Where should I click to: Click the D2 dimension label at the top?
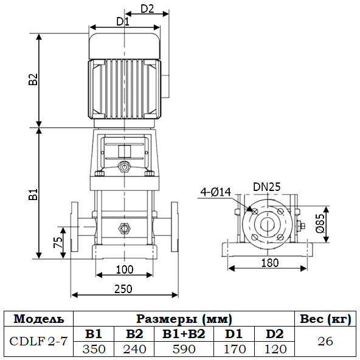pyautogui.click(x=147, y=9)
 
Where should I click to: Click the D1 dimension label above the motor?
pyautogui.click(x=123, y=22)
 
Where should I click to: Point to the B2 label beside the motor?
pyautogui.click(x=33, y=80)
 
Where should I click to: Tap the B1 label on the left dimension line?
pyautogui.click(x=33, y=194)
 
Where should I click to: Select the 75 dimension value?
pyautogui.click(x=58, y=242)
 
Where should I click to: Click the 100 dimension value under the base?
pyautogui.click(x=125, y=269)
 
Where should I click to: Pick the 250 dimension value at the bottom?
pyautogui.click(x=123, y=289)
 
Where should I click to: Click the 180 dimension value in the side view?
pyautogui.click(x=270, y=263)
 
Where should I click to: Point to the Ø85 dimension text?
pyautogui.click(x=320, y=223)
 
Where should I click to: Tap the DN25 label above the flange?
pyautogui.click(x=267, y=187)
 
